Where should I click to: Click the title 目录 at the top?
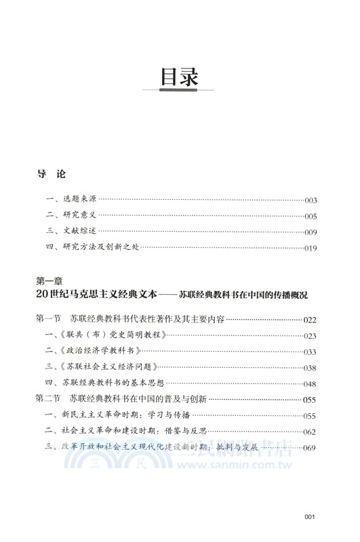point(179,77)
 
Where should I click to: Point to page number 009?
point(311,232)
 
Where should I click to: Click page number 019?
point(311,249)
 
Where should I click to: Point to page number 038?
point(311,367)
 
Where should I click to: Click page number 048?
point(311,383)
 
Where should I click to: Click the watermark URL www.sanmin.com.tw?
point(224,465)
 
